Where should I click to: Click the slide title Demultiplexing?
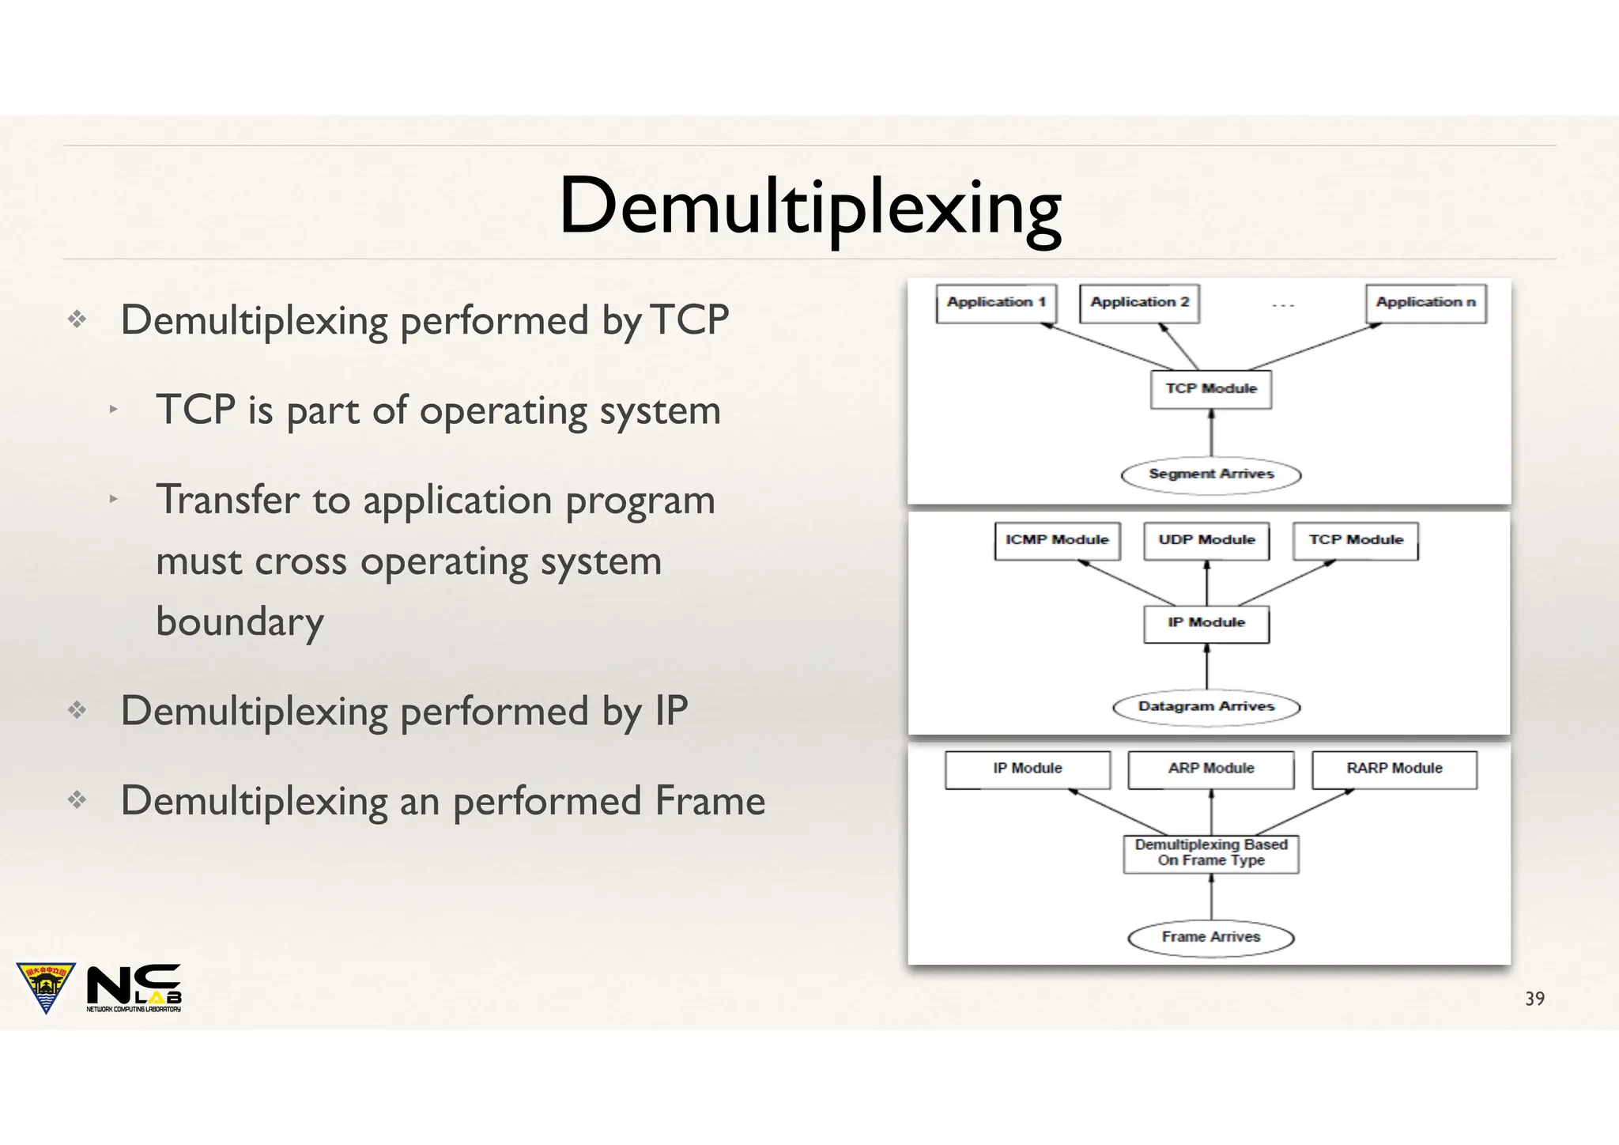pos(809,207)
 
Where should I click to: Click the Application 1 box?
pos(996,304)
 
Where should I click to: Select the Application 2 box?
pos(1139,304)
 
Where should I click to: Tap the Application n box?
pos(1425,304)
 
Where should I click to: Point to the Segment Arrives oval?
pos(1211,474)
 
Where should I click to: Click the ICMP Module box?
pos(1057,541)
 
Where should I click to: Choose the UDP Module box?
pos(1206,541)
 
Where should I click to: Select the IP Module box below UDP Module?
pos(1206,624)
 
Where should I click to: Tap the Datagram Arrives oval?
pos(1206,707)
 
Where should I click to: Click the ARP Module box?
pos(1211,769)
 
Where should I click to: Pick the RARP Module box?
pos(1394,769)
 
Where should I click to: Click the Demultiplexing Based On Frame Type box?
pos(1211,854)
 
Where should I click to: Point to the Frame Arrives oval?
pos(1211,938)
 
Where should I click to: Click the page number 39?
pos(1534,1000)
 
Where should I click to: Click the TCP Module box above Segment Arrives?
pos(1211,389)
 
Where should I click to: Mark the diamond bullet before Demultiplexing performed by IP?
pos(77,710)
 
